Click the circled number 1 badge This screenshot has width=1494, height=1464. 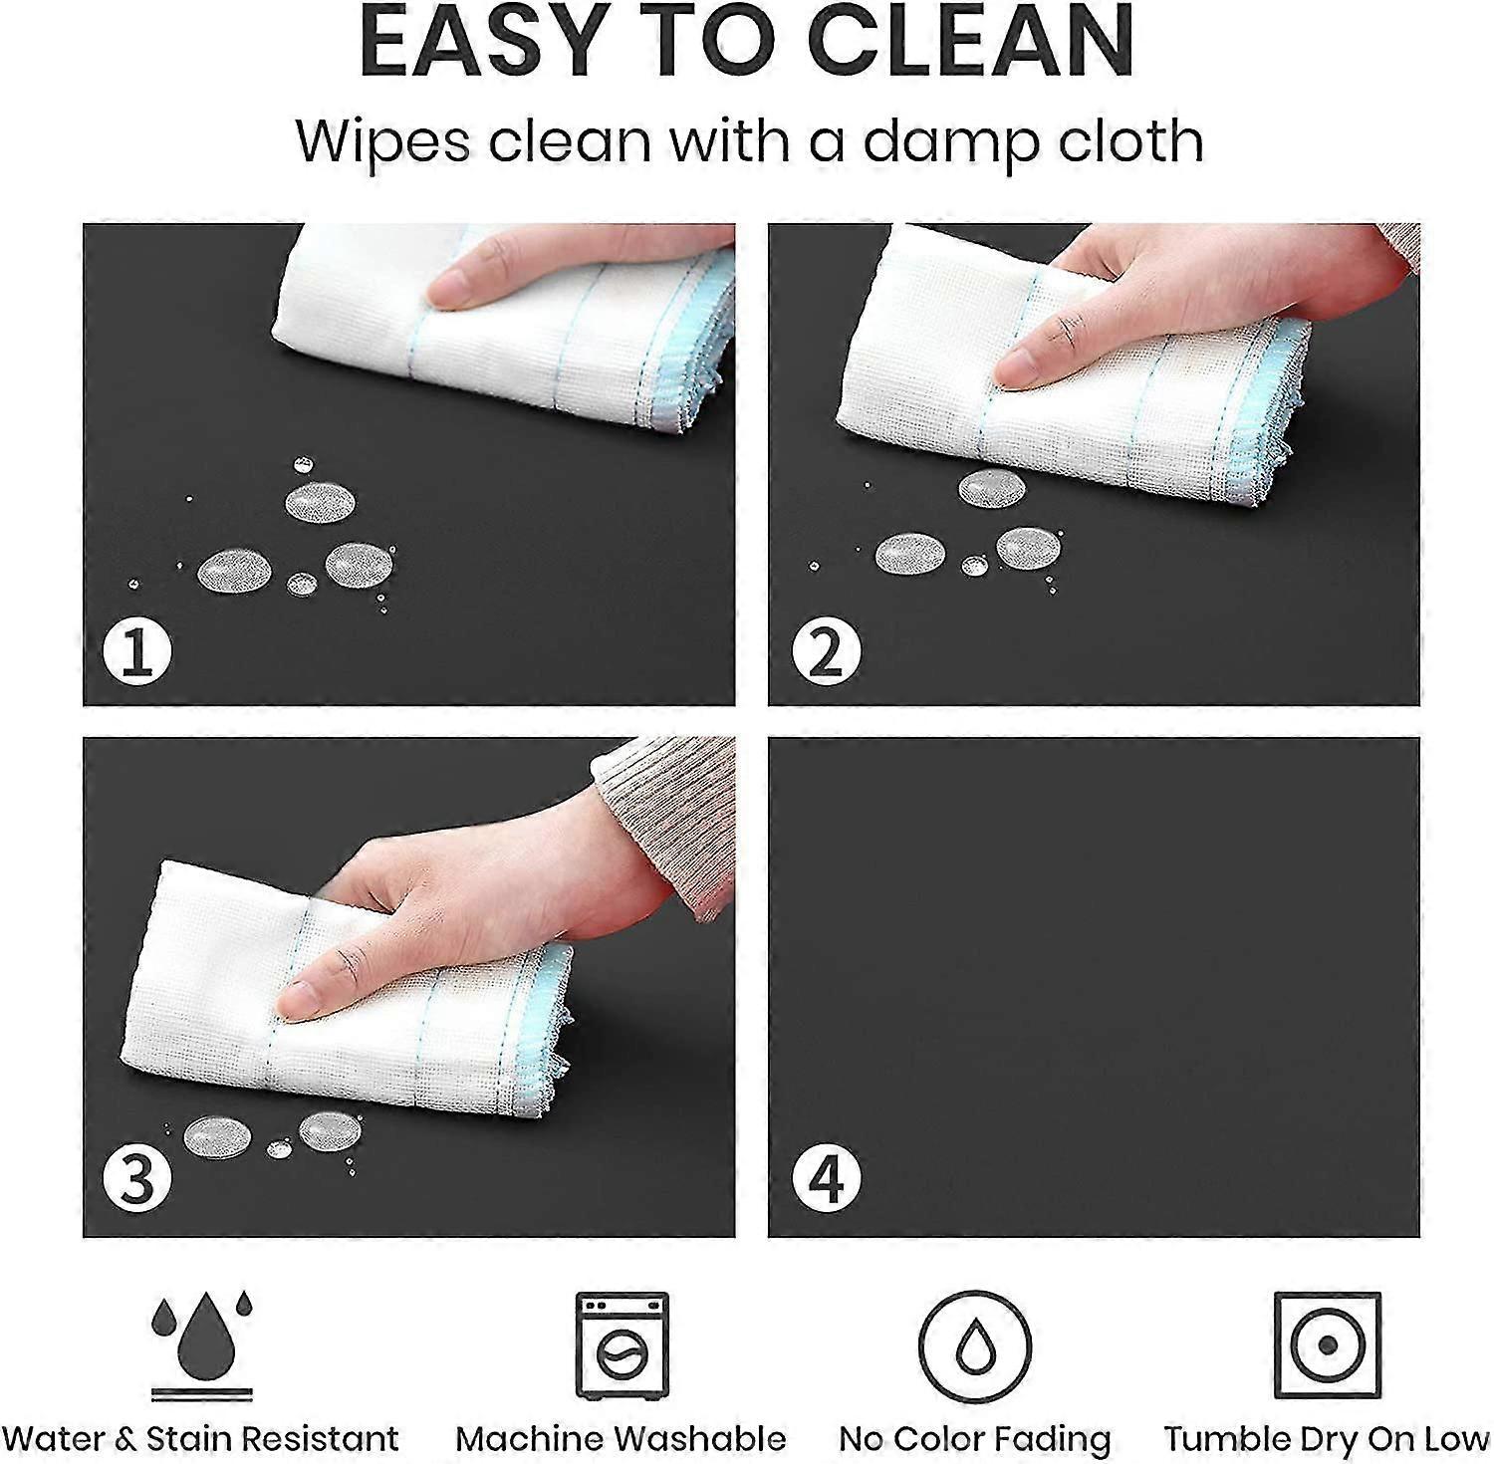pos(137,653)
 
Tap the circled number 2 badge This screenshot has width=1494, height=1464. pos(826,653)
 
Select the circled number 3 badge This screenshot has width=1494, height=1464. pos(137,1178)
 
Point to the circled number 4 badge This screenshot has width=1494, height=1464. pos(826,1178)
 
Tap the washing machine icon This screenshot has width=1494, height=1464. pos(622,1345)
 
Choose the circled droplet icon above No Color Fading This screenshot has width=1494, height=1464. pos(975,1346)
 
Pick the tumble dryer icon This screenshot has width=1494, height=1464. pos(1328,1345)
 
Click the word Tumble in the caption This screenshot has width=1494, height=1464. pos(1226,1439)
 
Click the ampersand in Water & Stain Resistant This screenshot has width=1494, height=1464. pos(125,1439)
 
